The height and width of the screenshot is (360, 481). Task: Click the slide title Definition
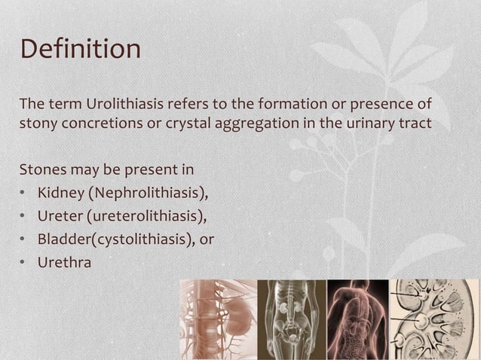click(x=80, y=50)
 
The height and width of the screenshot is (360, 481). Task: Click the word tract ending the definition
click(x=416, y=124)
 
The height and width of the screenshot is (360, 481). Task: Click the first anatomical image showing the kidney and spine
click(x=218, y=319)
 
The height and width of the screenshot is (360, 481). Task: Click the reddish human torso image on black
click(x=357, y=319)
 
